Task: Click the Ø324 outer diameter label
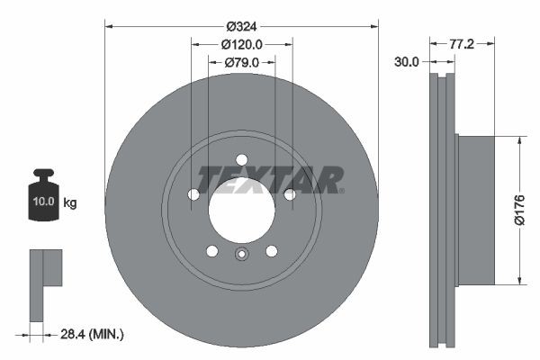[241, 26]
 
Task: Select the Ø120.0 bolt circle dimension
[241, 44]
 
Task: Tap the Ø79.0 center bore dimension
[241, 62]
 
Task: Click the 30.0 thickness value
[407, 62]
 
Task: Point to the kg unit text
[69, 203]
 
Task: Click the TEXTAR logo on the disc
[270, 180]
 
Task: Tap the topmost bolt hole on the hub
[241, 160]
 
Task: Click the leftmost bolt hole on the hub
[193, 194]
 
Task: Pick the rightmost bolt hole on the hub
[290, 194]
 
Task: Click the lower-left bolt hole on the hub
[212, 250]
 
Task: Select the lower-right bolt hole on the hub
[271, 250]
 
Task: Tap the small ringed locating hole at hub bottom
[241, 255]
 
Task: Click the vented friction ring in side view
[441, 210]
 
